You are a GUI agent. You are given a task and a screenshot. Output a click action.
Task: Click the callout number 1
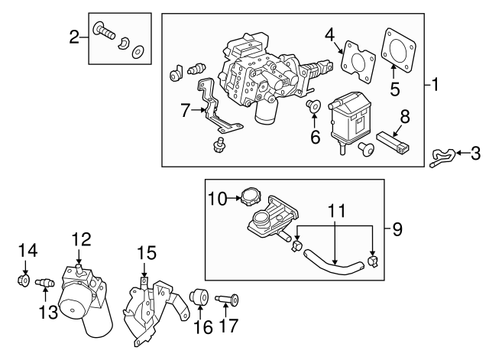434,85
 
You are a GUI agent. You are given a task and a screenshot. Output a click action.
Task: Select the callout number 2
74,36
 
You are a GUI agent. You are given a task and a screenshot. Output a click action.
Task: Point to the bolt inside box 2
104,31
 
